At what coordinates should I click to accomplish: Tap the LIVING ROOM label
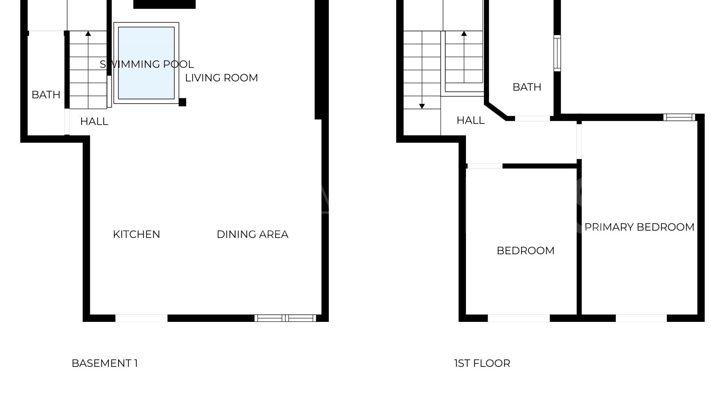221,78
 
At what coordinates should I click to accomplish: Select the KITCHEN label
136,234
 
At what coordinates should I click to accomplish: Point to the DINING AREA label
252,234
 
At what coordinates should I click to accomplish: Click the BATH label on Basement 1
46,94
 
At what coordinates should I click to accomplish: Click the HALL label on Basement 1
94,121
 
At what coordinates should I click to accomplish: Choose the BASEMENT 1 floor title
105,363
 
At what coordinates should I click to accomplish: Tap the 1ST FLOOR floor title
482,363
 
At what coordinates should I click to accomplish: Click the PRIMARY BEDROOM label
639,227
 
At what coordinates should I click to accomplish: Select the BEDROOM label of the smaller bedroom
525,250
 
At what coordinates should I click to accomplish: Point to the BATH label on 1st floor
527,87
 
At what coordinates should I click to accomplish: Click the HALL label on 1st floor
470,120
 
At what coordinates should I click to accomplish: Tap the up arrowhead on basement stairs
88,34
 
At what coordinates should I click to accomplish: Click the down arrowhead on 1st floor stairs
422,107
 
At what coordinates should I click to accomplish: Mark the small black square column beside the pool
182,102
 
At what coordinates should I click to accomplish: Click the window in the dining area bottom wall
285,318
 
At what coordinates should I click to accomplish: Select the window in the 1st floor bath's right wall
557,53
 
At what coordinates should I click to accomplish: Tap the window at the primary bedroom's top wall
679,117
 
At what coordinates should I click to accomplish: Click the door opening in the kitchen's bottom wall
141,318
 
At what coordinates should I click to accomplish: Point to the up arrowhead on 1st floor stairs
464,34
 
